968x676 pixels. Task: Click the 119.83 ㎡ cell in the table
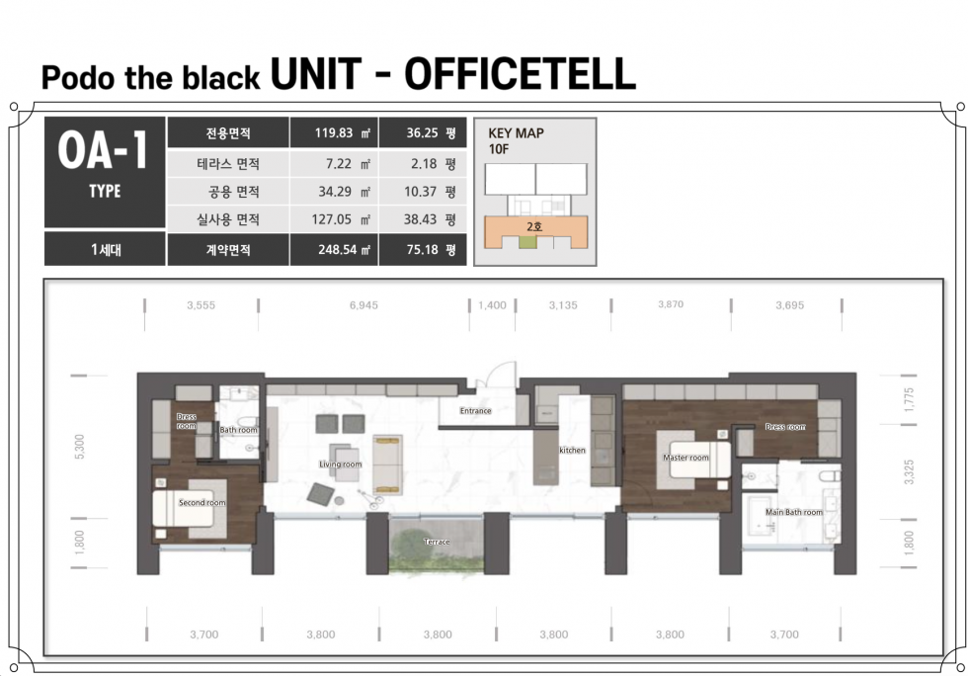[334, 132]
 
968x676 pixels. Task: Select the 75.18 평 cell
[423, 250]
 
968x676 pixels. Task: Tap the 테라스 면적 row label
[228, 164]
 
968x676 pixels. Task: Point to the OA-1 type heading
[103, 150]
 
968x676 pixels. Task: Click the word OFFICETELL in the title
[520, 74]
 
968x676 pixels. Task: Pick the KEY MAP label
[516, 132]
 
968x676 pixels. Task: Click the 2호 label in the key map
[534, 226]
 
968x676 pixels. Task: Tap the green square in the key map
[527, 241]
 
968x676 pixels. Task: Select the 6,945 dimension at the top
[363, 305]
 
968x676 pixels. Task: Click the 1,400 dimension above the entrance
[492, 305]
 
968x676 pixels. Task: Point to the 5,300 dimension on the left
[79, 447]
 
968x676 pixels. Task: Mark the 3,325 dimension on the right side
[908, 472]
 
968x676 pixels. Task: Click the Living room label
[340, 465]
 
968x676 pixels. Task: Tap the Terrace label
[437, 542]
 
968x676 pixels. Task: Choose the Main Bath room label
[794, 512]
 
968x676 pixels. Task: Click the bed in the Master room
[699, 460]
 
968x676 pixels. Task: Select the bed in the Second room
[183, 508]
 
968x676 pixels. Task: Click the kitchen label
[572, 451]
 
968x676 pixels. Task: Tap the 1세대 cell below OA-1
[106, 250]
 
